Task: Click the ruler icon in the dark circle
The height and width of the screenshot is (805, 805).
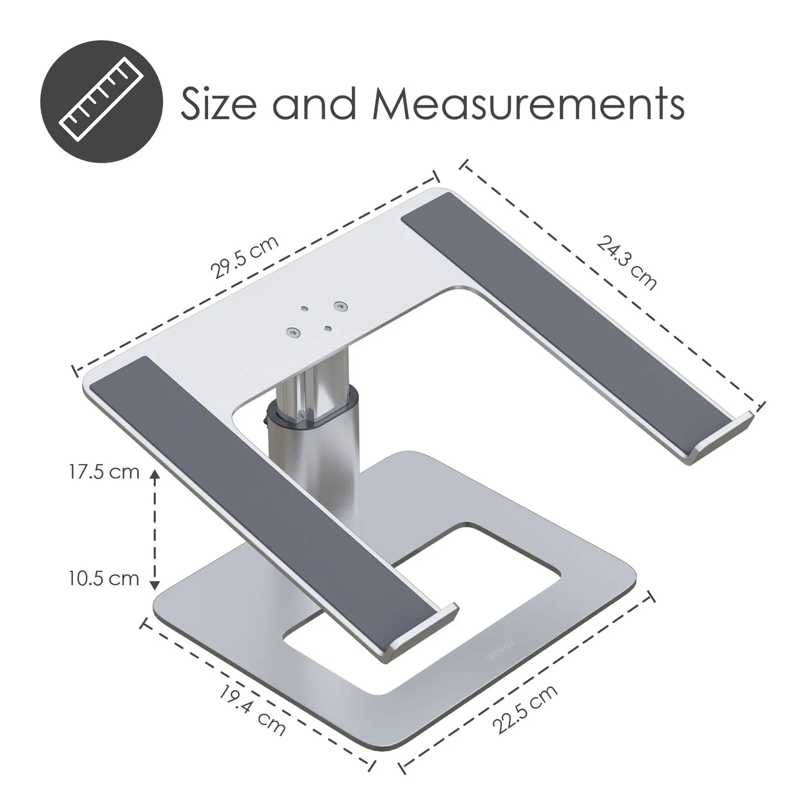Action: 102,102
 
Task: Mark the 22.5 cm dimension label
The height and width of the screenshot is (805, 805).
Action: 526,709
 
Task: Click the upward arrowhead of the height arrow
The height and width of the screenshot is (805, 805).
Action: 154,475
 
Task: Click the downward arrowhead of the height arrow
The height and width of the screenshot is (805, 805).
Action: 154,584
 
